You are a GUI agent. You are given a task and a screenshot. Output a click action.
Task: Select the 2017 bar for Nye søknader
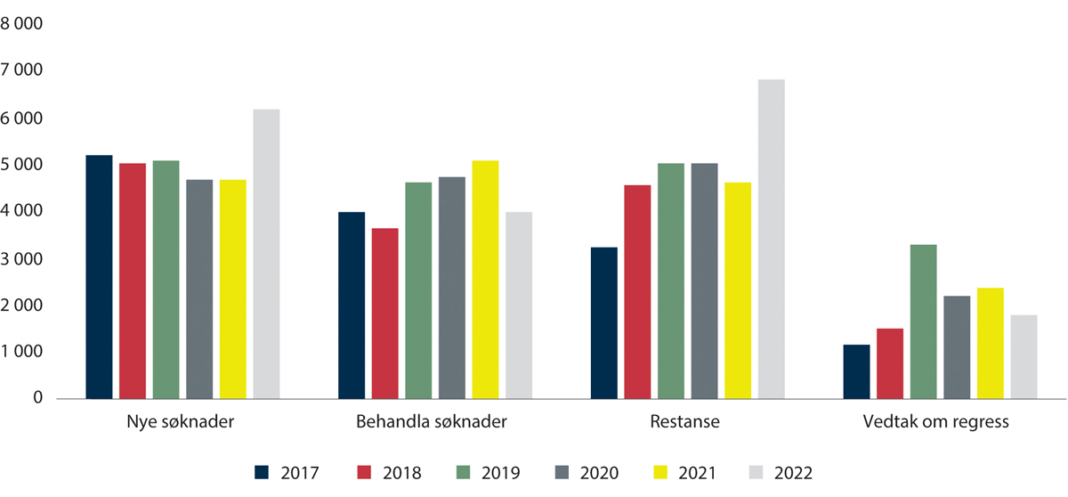click(x=99, y=277)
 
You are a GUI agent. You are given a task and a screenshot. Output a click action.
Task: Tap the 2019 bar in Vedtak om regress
click(x=923, y=322)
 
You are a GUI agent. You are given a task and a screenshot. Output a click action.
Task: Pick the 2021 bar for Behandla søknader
click(x=485, y=280)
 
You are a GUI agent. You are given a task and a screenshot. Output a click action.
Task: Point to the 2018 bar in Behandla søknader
click(x=384, y=314)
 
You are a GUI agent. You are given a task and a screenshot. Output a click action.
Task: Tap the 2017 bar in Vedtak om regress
click(x=856, y=371)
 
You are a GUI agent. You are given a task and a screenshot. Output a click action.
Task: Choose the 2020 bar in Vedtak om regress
click(x=957, y=347)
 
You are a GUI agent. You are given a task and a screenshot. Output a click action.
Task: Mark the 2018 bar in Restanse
click(x=637, y=292)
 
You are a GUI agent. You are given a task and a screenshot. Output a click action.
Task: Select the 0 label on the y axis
click(x=37, y=399)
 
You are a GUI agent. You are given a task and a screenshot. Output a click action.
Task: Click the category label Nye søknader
click(x=182, y=422)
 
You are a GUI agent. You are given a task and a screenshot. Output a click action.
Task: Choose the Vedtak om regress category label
click(x=940, y=422)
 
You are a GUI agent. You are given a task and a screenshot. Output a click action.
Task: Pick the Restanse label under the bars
click(x=687, y=422)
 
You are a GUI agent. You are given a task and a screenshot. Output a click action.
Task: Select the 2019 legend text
click(x=500, y=473)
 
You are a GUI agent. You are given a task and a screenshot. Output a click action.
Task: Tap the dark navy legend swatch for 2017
click(x=261, y=473)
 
